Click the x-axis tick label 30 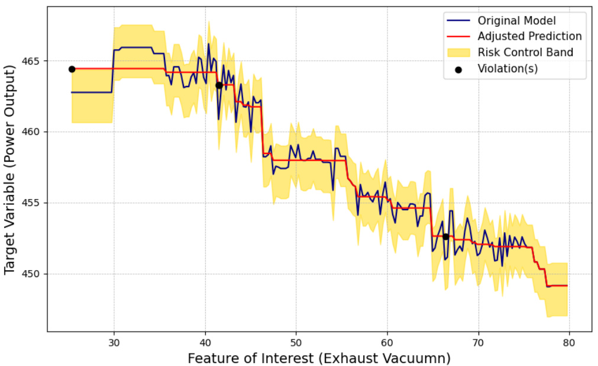point(114,342)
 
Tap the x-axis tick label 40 point(205,342)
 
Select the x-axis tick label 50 point(296,342)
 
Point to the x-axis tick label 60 point(387,342)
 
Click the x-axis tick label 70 point(478,342)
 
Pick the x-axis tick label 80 point(569,342)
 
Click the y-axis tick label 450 point(31,274)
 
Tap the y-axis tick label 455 point(31,203)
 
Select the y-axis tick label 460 point(31,132)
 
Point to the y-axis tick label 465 point(31,61)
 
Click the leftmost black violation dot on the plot point(72,69)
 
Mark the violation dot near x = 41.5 point(219,85)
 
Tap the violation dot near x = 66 point(445,236)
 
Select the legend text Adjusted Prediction point(529,37)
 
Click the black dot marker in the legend point(458,69)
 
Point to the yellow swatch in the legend point(457,52)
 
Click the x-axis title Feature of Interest point(319,358)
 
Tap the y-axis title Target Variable point(9,170)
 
